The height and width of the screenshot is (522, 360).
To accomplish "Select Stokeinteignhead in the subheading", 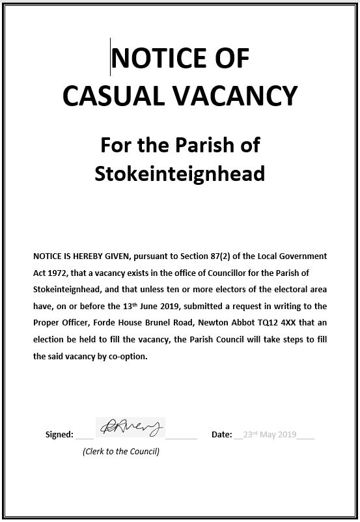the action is (180, 174).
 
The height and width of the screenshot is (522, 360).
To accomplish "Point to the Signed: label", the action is (59, 435).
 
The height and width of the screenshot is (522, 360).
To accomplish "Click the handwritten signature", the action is (130, 428).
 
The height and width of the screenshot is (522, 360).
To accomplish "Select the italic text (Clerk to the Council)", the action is (121, 451).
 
